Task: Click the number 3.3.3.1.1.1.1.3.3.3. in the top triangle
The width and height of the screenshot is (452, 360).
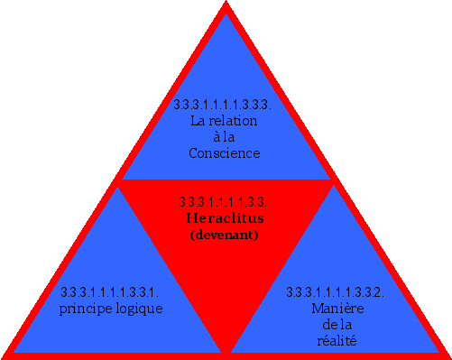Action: [224, 106]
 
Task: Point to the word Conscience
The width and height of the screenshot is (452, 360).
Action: [224, 153]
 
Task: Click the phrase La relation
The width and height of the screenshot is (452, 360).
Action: [224, 121]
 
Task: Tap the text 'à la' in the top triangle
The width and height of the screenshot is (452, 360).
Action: [224, 137]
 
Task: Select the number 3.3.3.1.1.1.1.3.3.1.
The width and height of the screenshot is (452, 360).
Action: [111, 292]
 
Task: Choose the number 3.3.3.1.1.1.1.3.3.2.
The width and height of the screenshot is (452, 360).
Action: [336, 292]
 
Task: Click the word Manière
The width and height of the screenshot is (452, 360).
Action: [337, 309]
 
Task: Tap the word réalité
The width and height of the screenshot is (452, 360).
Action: [337, 341]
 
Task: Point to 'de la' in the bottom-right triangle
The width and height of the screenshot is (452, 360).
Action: [337, 325]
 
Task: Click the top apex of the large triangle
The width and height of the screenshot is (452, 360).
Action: [226, 5]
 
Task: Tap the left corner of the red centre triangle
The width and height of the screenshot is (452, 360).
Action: [118, 180]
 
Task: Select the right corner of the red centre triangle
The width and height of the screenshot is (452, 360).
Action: [334, 180]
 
